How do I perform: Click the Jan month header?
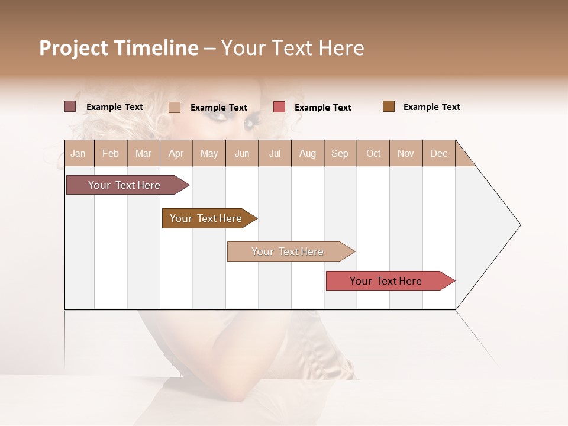(78, 153)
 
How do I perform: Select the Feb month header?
(111, 153)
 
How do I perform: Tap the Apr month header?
(176, 153)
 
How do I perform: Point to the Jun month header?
(242, 153)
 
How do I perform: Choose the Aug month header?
(308, 153)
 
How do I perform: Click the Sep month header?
(340, 153)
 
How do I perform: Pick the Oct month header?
(373, 153)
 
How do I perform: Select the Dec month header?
(439, 153)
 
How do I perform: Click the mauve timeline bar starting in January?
(124, 185)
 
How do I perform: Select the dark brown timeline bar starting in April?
(206, 218)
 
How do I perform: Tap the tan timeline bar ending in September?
(288, 251)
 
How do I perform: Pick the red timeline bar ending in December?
(386, 281)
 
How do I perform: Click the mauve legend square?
(70, 106)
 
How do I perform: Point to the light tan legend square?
(175, 107)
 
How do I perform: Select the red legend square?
(279, 107)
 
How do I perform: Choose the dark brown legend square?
(389, 106)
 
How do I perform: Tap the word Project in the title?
(75, 48)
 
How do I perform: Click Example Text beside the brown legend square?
(431, 107)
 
